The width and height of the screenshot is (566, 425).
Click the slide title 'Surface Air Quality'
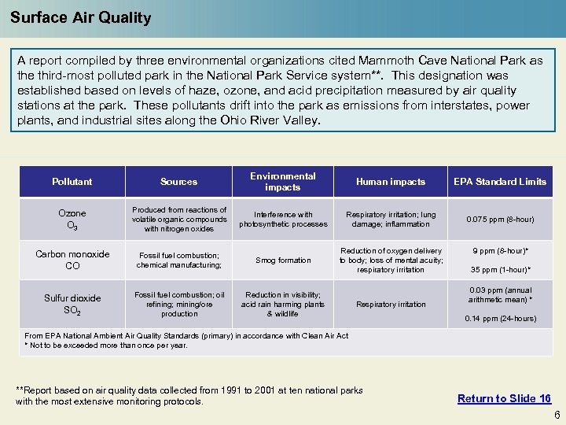81,17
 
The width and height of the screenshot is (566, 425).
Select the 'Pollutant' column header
72,182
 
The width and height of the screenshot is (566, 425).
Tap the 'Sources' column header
179,182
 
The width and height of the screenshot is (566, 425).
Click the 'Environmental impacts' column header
283,182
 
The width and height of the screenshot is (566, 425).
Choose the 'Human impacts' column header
391,182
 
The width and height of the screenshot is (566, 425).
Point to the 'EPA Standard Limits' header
500,182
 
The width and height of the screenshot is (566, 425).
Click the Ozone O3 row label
72,219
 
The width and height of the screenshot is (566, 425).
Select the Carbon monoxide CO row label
72,260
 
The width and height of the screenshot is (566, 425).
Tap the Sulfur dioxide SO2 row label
72,304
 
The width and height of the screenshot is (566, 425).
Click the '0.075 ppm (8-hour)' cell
500,220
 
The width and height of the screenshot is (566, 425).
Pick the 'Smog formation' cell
283,261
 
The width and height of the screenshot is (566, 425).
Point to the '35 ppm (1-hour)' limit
500,270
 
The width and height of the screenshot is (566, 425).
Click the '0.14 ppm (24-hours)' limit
500,319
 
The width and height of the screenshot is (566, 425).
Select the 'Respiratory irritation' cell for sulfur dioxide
391,305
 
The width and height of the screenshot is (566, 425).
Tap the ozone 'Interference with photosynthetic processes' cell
283,220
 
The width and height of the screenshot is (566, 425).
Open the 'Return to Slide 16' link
504,398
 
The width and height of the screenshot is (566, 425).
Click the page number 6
557,415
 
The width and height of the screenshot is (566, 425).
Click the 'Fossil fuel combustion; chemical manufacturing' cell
179,261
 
